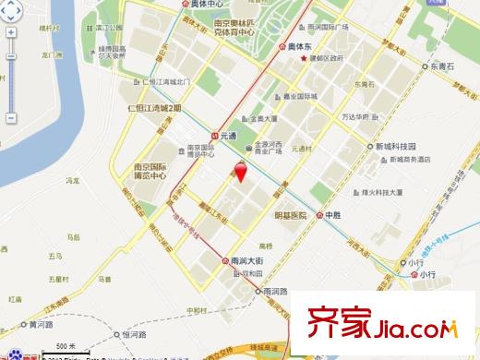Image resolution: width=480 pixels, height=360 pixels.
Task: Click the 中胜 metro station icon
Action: click(x=321, y=214)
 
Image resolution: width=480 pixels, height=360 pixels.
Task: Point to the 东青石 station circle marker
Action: click(x=424, y=67)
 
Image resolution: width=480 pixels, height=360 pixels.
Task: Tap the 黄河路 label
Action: click(x=41, y=325)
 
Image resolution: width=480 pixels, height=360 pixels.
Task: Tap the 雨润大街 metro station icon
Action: click(x=229, y=261)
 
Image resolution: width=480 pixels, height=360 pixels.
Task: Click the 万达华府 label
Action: click(x=352, y=119)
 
